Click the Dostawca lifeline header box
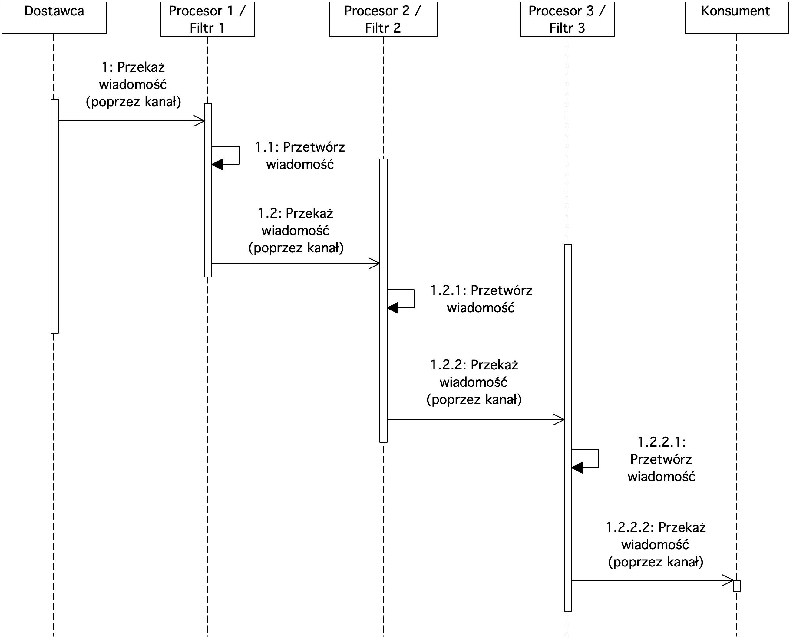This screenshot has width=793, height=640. point(54,18)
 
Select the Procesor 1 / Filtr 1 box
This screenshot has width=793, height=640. point(208,19)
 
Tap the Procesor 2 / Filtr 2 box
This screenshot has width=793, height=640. point(383,19)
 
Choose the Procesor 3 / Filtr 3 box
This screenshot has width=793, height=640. point(567,19)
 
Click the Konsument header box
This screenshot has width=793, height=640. point(737,18)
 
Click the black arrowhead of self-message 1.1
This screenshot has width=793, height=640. point(218,164)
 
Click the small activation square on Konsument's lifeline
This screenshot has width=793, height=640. point(737,586)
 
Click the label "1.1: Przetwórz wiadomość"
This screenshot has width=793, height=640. point(300,156)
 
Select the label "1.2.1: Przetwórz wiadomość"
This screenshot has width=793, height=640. point(481,299)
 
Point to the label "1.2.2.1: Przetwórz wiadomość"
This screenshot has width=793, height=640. point(661,459)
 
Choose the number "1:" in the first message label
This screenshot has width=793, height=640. point(107,67)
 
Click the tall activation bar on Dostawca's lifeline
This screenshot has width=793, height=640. point(55,216)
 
